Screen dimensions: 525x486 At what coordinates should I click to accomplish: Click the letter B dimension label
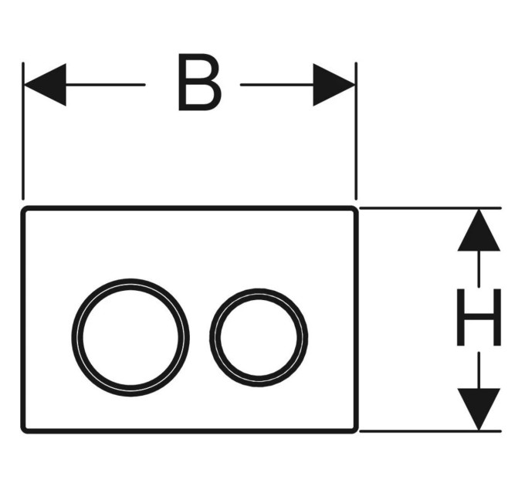coord(200,82)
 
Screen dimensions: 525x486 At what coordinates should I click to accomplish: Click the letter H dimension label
coord(479,317)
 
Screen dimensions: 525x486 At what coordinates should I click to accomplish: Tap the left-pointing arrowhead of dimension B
coord(46,85)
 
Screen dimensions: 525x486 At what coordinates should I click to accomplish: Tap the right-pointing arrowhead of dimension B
coord(334,85)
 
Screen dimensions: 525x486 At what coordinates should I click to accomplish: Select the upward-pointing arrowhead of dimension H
coord(479,230)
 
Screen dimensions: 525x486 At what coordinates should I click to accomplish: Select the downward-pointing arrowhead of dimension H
coord(479,409)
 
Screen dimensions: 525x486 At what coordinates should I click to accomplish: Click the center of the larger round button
coord(130,337)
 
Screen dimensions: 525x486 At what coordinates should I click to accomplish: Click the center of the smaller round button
coord(259,337)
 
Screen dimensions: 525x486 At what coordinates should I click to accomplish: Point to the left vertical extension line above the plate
coord(22,131)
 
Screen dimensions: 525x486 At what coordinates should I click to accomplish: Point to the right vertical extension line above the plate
coord(356,131)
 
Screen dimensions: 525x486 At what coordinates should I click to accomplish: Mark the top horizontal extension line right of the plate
coord(430,208)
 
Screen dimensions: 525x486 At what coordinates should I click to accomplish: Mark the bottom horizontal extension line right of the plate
coord(430,431)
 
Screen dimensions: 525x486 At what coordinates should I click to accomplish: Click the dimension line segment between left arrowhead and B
coord(106,85)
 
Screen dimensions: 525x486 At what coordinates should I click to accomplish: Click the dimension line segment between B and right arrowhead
coord(276,85)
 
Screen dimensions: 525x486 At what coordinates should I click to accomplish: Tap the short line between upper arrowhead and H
coord(479,268)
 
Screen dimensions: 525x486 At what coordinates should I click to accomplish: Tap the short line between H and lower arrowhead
coord(479,370)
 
